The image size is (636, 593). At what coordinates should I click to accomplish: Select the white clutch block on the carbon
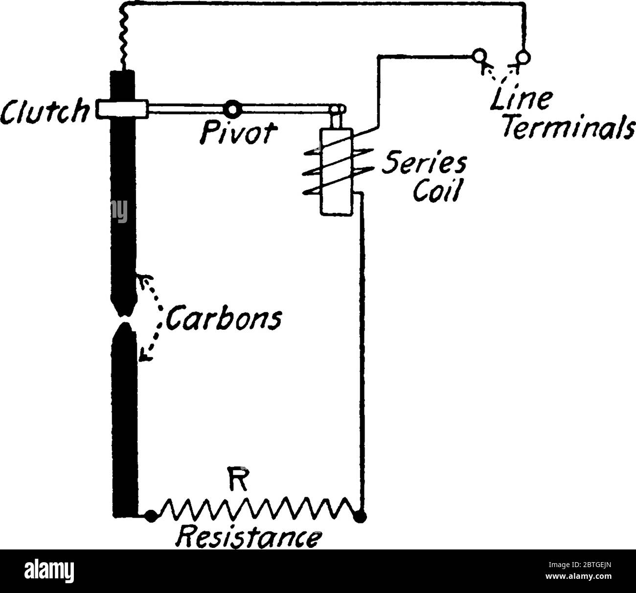point(122,109)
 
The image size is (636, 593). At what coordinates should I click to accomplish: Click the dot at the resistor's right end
point(361,515)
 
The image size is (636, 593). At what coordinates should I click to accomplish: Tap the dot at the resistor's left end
point(151,515)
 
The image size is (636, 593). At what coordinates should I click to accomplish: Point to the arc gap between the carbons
point(124,320)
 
